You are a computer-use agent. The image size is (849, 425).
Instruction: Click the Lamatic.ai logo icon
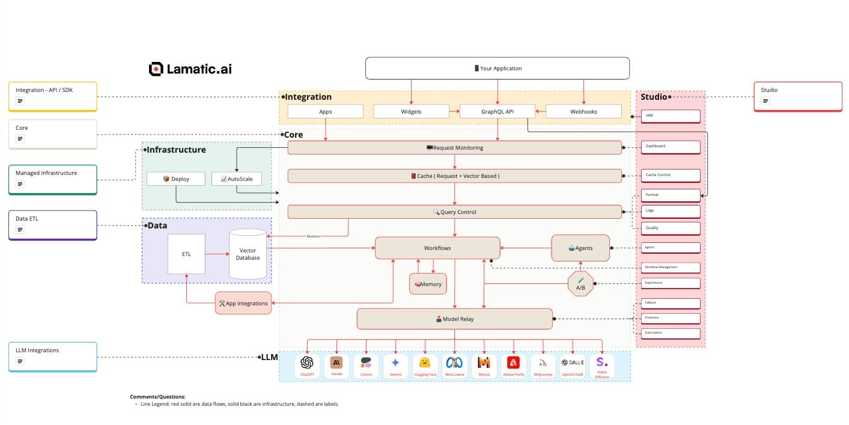point(156,69)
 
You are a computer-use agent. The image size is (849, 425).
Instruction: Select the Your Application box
point(497,68)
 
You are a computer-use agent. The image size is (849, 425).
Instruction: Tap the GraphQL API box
point(497,111)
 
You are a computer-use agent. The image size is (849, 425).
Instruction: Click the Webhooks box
point(583,111)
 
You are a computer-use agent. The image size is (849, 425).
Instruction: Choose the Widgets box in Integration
point(411,111)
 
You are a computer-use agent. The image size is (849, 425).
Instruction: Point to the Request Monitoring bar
point(454,147)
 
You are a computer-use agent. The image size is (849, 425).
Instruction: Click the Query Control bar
point(454,212)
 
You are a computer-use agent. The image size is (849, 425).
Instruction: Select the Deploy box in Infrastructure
point(175,179)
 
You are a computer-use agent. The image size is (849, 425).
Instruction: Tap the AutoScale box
point(236,179)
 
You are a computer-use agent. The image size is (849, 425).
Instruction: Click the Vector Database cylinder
point(248,254)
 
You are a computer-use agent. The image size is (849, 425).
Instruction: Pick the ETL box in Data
point(186,254)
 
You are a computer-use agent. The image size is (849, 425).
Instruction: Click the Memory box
point(428,284)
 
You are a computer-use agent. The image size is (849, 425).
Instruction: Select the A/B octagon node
point(580,284)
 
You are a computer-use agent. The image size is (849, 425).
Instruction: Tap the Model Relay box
point(454,319)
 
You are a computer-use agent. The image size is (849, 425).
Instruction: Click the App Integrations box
point(243,303)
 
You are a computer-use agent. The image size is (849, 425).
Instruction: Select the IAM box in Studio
point(670,116)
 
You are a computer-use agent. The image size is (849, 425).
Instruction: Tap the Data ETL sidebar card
point(53,225)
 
